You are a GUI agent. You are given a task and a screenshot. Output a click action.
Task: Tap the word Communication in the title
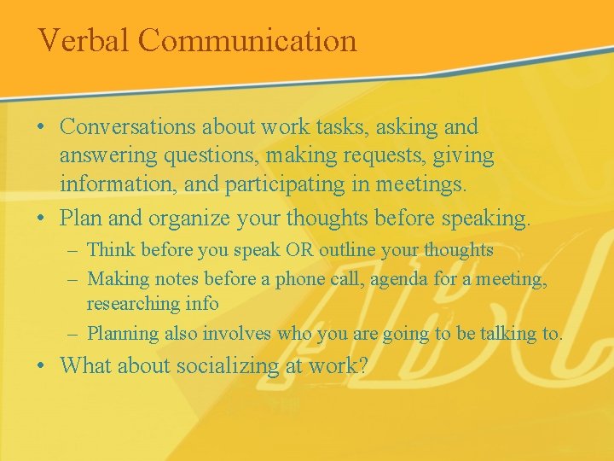(x=246, y=40)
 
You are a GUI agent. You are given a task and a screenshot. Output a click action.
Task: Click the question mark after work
(x=363, y=366)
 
